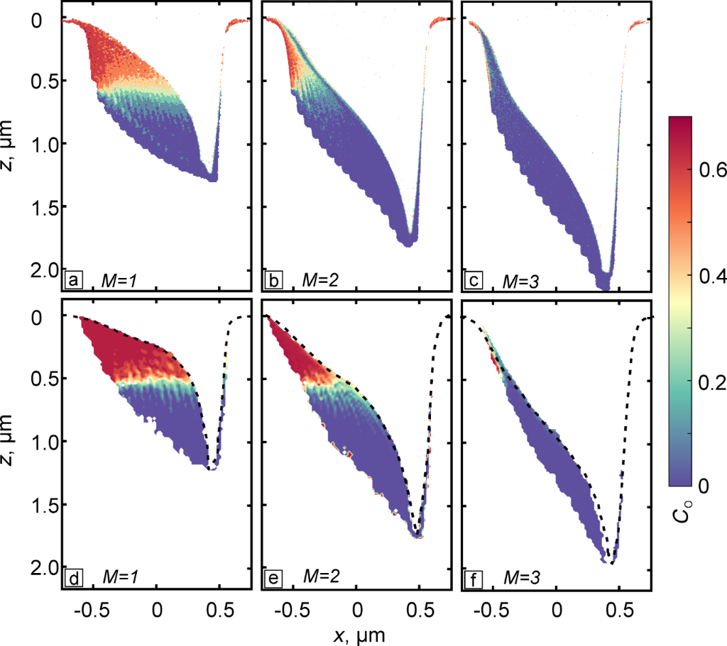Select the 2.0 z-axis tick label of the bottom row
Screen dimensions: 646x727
(45, 569)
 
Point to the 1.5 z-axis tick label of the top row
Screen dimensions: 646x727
(45, 207)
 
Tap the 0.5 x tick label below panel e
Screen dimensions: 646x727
(419, 609)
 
